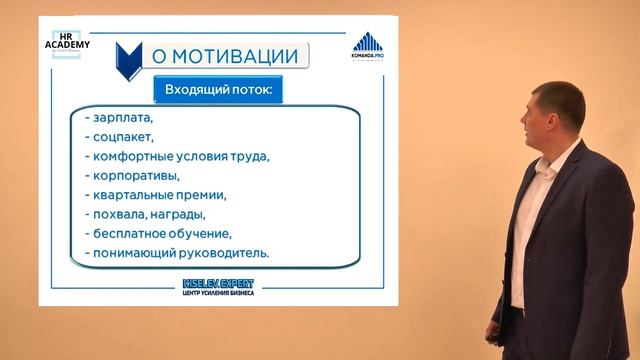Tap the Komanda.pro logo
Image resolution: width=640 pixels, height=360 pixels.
click(x=368, y=49)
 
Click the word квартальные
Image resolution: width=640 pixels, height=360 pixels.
click(x=132, y=195)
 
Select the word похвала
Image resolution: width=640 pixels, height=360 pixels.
click(x=121, y=214)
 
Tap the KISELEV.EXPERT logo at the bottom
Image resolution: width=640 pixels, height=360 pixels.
click(x=218, y=285)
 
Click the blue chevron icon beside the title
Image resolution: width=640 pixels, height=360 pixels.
click(x=128, y=63)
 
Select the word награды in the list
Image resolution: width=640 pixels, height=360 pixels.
click(x=180, y=214)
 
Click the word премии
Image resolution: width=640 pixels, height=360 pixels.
click(x=201, y=195)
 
